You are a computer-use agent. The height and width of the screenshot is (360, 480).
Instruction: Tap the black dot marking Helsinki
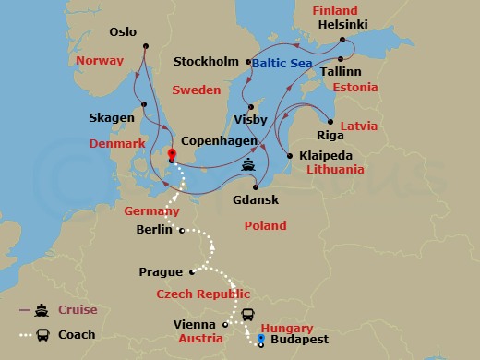pyautogui.click(x=342, y=40)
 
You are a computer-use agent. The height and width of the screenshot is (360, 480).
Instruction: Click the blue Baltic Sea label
pyautogui.click(x=283, y=64)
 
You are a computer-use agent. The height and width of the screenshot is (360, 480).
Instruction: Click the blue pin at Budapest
pyautogui.click(x=260, y=340)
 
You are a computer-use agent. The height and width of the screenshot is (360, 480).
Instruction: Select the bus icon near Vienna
pyautogui.click(x=247, y=315)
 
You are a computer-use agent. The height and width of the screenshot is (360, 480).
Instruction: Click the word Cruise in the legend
pyautogui.click(x=78, y=310)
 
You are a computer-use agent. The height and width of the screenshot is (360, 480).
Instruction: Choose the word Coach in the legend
pyautogui.click(x=77, y=335)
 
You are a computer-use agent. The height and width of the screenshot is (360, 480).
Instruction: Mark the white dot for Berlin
pyautogui.click(x=182, y=231)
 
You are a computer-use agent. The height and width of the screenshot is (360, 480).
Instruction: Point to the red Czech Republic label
pyautogui.click(x=203, y=294)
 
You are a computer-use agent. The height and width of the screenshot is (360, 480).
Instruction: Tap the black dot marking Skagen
pyautogui.click(x=144, y=104)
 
